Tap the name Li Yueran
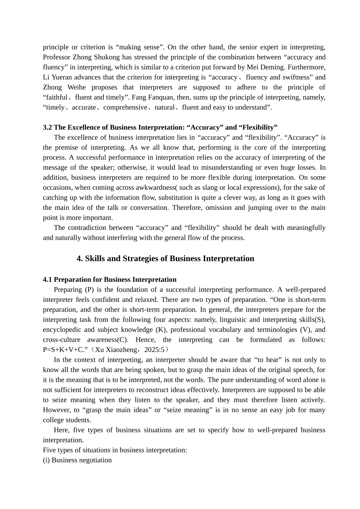(x=58, y=77)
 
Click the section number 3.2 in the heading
(x=47, y=127)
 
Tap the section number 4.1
(x=47, y=279)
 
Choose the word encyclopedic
(x=61, y=330)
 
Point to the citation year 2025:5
(x=156, y=350)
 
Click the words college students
(x=67, y=420)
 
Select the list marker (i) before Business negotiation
(x=46, y=460)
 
